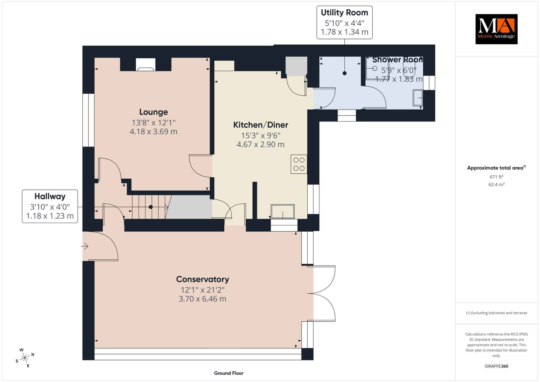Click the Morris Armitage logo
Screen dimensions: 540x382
(x=496, y=29)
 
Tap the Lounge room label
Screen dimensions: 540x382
(x=153, y=112)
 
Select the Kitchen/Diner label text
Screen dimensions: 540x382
(x=261, y=125)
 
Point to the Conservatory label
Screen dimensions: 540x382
(x=202, y=279)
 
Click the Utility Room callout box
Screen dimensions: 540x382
(x=344, y=22)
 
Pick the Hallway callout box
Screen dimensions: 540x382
(x=50, y=206)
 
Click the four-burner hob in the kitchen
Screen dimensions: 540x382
(x=299, y=164)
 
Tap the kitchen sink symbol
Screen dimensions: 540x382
(x=283, y=211)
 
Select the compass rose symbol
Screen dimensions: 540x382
(x=25, y=357)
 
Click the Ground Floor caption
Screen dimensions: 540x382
(x=229, y=373)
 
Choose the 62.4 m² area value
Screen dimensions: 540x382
(x=496, y=184)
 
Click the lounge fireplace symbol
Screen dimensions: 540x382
(x=146, y=65)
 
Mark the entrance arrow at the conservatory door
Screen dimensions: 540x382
(x=85, y=247)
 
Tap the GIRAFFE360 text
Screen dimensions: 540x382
(x=496, y=366)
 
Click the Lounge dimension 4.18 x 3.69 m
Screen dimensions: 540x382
(x=153, y=131)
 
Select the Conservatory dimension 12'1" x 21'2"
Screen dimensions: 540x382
(x=202, y=290)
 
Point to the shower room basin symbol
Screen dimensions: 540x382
(x=418, y=98)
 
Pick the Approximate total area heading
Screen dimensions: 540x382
(x=496, y=168)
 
